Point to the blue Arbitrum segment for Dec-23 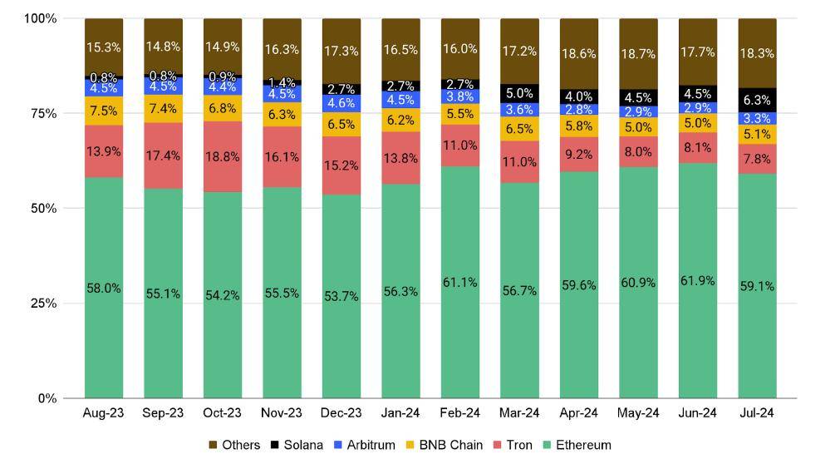point(341,103)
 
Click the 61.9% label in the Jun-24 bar point(697,281)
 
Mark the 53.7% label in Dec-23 point(341,297)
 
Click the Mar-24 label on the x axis point(519,413)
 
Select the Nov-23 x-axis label point(282,413)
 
